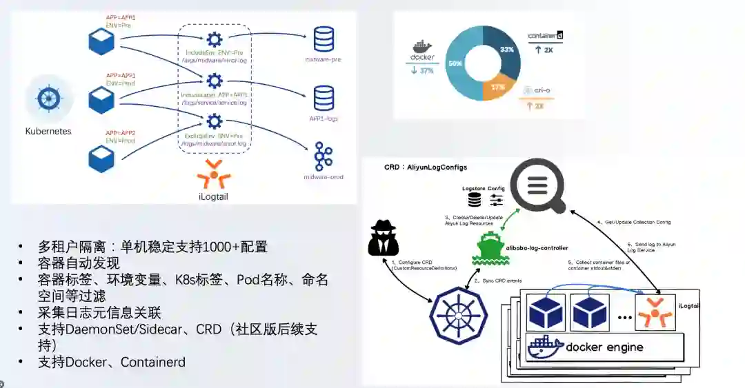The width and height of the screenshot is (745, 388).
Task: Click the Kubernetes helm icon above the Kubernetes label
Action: coord(48,99)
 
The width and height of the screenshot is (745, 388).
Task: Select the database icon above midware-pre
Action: coord(323,39)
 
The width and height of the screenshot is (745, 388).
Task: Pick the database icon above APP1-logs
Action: coord(324,98)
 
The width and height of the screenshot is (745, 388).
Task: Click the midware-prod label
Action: coord(324,177)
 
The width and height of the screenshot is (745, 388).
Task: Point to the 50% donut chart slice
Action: coord(457,63)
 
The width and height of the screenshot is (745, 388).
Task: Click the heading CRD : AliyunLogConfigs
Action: coord(426,167)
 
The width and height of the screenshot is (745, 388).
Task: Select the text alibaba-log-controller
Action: coord(537,247)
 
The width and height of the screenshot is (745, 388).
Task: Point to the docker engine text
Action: coord(604,347)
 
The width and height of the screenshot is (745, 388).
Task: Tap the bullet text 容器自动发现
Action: coord(79,263)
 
